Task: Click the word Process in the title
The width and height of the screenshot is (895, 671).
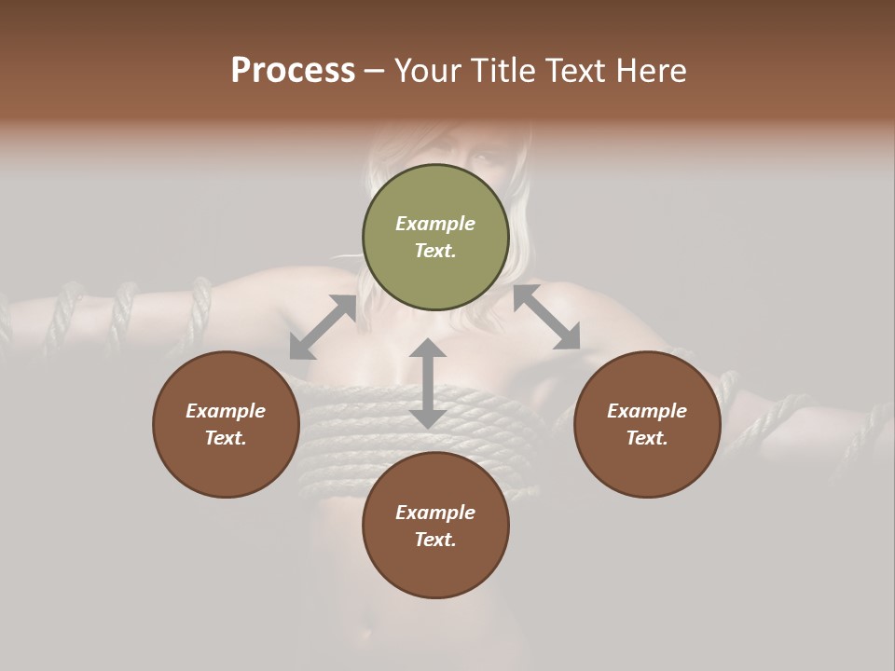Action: point(293,71)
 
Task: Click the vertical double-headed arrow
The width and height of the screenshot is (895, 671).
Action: point(428,383)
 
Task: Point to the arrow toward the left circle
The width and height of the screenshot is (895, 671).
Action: point(323,327)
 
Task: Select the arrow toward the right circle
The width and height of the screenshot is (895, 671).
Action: point(546,317)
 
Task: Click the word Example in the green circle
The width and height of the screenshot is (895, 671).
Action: point(435,224)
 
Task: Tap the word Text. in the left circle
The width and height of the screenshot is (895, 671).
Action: point(226,438)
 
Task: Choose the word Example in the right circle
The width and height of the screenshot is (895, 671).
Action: point(647,411)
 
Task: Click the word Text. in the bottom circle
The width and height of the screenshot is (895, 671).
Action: point(435,540)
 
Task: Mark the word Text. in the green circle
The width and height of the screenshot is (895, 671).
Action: point(435,251)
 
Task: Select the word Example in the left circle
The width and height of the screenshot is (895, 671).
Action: point(226,411)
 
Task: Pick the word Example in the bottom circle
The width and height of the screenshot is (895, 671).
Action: point(435,513)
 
